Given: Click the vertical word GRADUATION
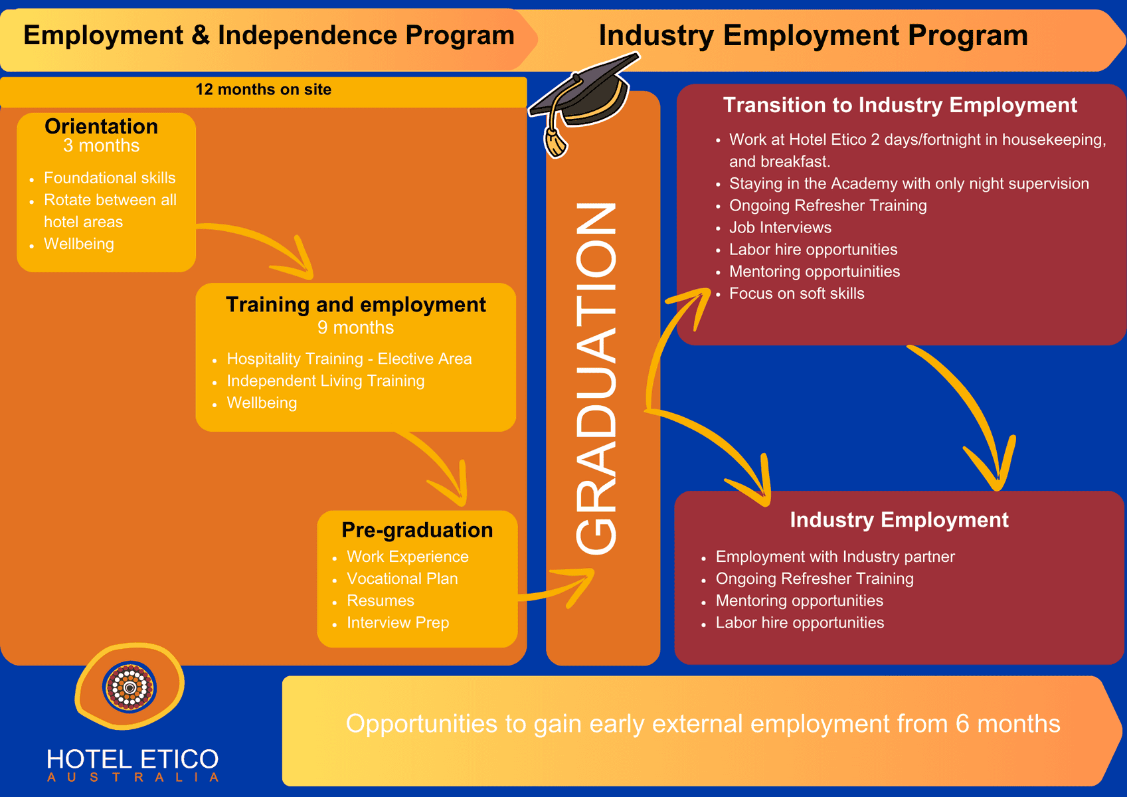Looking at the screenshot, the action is coord(596,379).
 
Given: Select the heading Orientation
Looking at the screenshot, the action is coord(101,126).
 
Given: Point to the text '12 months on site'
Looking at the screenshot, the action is coord(263,89).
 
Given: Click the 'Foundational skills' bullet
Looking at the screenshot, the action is coord(109,177).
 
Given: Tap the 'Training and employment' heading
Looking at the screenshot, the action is coord(356,304).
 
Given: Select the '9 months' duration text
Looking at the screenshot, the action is coord(356,327).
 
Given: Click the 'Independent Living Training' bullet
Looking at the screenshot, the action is coord(325,381).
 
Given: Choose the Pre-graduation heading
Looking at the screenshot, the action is coord(417,530).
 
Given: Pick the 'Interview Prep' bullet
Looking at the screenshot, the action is coord(397,622).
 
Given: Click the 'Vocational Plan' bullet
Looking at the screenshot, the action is coord(402,578).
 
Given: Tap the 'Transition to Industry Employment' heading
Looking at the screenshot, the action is coord(900,105).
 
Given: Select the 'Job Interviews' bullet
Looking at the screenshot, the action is coord(780,227).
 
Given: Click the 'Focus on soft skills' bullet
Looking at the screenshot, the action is coord(796,294).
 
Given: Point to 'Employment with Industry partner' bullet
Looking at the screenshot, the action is coord(835,557).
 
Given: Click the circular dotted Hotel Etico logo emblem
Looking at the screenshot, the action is coord(130,687).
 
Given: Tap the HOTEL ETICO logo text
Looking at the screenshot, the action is coord(132,759).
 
